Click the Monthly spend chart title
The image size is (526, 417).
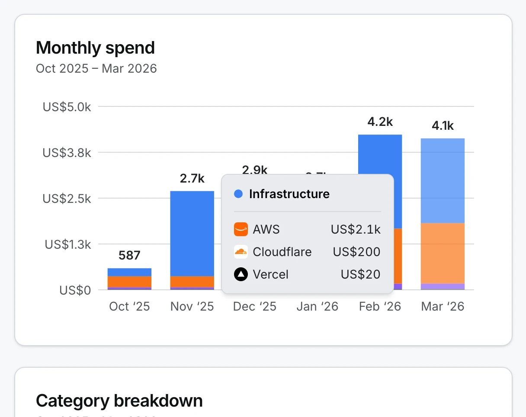click(x=95, y=48)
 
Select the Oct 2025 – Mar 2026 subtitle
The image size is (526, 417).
click(x=96, y=68)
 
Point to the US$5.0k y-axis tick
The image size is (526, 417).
click(x=67, y=107)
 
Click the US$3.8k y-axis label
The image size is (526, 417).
click(x=67, y=153)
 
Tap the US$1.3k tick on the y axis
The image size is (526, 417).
click(x=68, y=244)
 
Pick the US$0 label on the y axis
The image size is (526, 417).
click(x=75, y=290)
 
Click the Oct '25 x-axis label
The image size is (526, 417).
click(x=129, y=307)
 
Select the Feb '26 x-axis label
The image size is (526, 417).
click(x=380, y=307)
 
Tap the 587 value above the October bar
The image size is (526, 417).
click(x=129, y=256)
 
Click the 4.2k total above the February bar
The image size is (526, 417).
click(x=380, y=122)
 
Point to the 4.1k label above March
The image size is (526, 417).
click(x=443, y=126)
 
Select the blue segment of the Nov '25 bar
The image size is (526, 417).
click(x=192, y=234)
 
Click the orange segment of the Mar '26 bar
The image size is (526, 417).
click(x=443, y=253)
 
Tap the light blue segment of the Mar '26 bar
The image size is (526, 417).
click(x=443, y=181)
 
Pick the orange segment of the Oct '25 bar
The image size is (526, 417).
click(x=129, y=282)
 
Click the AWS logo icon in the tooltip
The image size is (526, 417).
click(x=241, y=229)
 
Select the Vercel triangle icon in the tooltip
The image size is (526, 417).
click(x=241, y=274)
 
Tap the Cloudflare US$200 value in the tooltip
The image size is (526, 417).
click(x=356, y=252)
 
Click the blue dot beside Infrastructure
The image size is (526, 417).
click(x=238, y=194)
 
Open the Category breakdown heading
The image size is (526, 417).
click(x=119, y=401)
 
